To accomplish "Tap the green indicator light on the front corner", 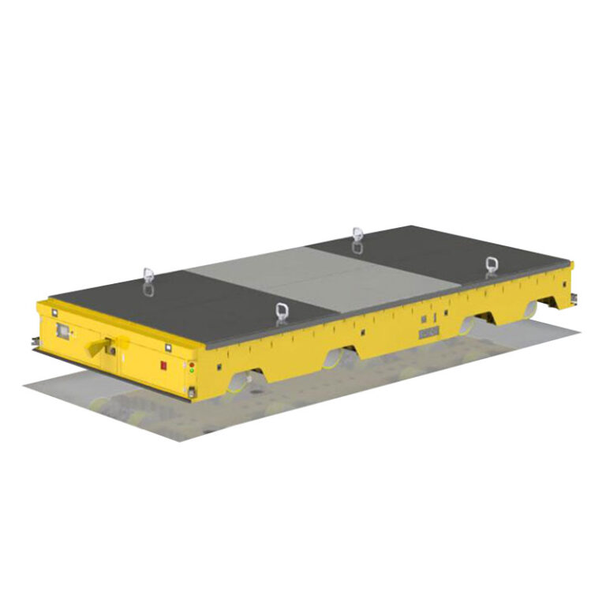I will pos(192,370).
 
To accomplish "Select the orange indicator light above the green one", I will pos(192,364).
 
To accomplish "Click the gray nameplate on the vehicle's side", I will pos(428,335).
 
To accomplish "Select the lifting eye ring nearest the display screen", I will pos(148,278).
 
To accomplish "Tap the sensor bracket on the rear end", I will pos(573,297).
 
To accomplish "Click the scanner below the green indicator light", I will pos(191,392).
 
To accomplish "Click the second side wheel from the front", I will pos(332,359).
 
